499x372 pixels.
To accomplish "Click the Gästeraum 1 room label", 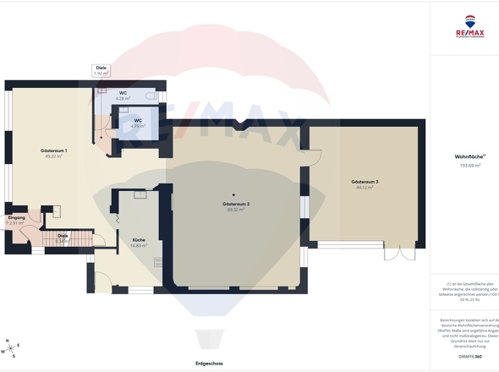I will click(54, 150).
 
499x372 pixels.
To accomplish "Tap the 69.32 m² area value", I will click(235, 210).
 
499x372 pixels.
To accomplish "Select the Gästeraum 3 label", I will click(365, 182).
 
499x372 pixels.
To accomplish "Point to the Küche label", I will click(139, 240).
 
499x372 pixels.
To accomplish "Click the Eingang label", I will click(17, 218).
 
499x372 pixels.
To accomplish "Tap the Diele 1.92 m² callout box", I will click(101, 70).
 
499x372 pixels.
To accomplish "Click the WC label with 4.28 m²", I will click(123, 92).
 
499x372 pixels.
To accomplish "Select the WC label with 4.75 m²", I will click(138, 121).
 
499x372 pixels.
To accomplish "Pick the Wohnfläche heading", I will click(467, 156).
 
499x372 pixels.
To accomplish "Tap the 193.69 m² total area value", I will click(468, 166).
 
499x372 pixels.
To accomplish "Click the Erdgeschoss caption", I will click(208, 363).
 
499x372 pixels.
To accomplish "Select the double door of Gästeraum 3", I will click(396, 253).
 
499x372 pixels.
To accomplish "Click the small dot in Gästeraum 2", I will click(236, 196).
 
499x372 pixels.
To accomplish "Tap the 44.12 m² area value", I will click(365, 188).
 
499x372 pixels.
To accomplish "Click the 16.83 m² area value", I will click(139, 245).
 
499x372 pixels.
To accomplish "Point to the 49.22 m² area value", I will click(54, 156).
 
